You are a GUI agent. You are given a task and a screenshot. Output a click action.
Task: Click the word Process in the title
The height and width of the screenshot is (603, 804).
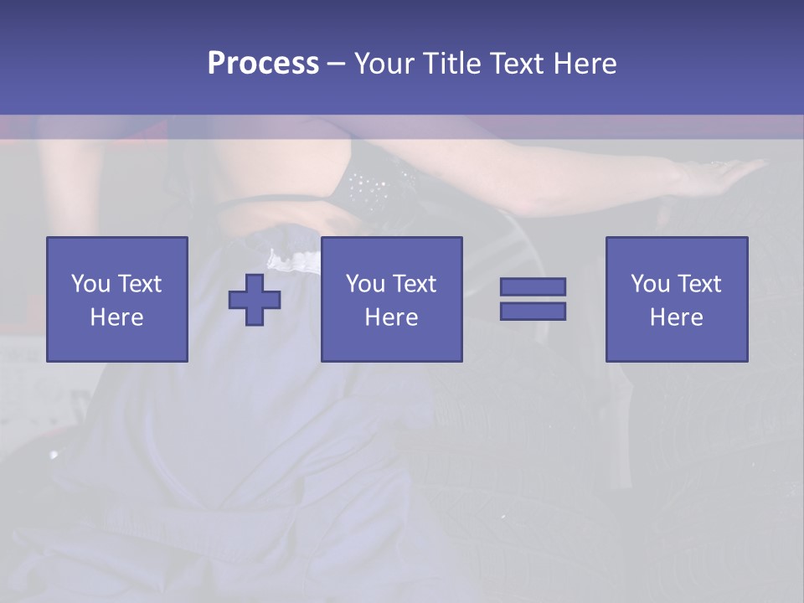(x=263, y=64)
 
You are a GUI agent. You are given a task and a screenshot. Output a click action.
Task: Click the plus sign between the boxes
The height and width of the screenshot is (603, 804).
(x=255, y=299)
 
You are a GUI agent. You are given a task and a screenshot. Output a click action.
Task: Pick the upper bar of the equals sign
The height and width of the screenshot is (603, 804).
(x=533, y=286)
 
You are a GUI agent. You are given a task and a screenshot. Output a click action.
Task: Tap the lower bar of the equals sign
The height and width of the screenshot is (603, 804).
(x=533, y=311)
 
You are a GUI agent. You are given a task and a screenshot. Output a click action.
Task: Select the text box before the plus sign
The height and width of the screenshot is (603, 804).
(x=117, y=299)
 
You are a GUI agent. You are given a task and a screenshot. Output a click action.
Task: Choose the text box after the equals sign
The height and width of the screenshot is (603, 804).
(x=677, y=299)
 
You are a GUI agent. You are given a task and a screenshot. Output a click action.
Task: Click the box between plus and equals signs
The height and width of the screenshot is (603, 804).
(x=392, y=299)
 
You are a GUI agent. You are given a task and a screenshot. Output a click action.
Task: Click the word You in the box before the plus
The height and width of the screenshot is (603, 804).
(x=90, y=284)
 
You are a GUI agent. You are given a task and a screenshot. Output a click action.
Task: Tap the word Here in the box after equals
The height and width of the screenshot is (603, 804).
(x=677, y=317)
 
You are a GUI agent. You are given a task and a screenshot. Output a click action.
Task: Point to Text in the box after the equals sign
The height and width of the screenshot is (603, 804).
(x=698, y=284)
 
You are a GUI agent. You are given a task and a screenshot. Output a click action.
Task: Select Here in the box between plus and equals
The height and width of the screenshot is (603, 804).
(x=392, y=317)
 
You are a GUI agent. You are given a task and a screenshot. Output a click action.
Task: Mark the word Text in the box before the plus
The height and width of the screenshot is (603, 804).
(x=139, y=284)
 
